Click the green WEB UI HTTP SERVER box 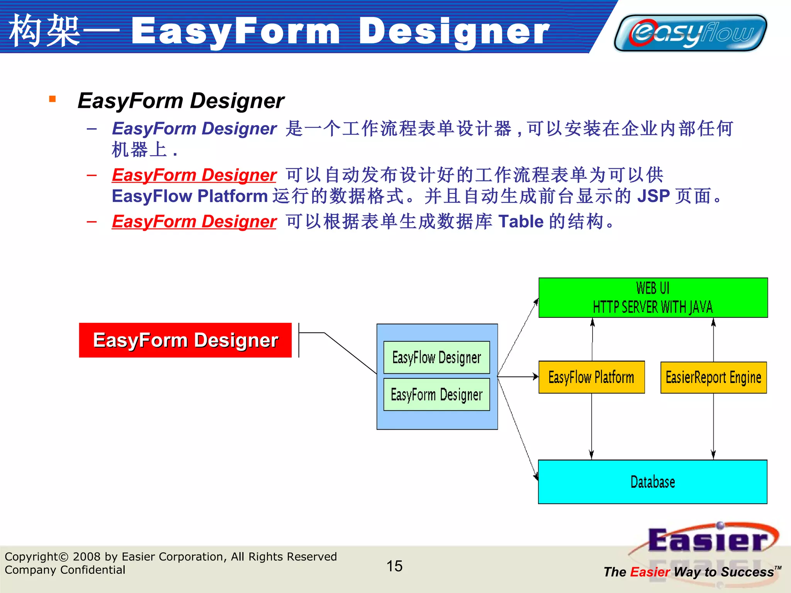[x=653, y=298]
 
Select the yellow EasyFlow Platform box [x=591, y=377]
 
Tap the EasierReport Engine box [x=713, y=377]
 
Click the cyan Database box [x=652, y=482]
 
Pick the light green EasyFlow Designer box [x=436, y=357]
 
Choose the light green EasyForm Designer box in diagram [x=436, y=395]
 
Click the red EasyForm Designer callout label [x=185, y=340]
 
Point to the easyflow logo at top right [x=691, y=33]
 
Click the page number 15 [x=394, y=566]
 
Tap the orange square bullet [x=53, y=99]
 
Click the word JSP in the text [x=653, y=196]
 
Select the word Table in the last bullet [x=521, y=222]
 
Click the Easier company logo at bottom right [x=707, y=540]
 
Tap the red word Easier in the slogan [x=650, y=572]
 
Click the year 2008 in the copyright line [x=87, y=557]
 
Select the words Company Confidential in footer [x=65, y=570]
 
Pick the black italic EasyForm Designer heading [x=181, y=101]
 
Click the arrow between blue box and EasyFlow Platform [x=518, y=376]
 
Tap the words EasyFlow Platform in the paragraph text [x=190, y=196]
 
